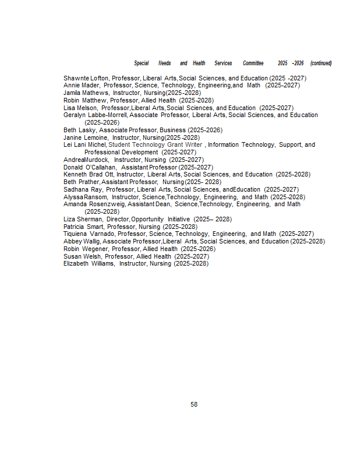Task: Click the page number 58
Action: click(x=194, y=404)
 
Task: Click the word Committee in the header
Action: click(x=253, y=63)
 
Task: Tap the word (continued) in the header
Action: click(x=321, y=63)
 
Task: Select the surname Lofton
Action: click(x=100, y=78)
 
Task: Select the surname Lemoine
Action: click(x=96, y=137)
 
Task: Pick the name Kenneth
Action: click(x=75, y=175)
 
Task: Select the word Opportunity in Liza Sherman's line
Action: click(x=147, y=219)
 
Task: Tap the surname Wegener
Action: click(x=93, y=249)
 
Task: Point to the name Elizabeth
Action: click(x=76, y=264)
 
